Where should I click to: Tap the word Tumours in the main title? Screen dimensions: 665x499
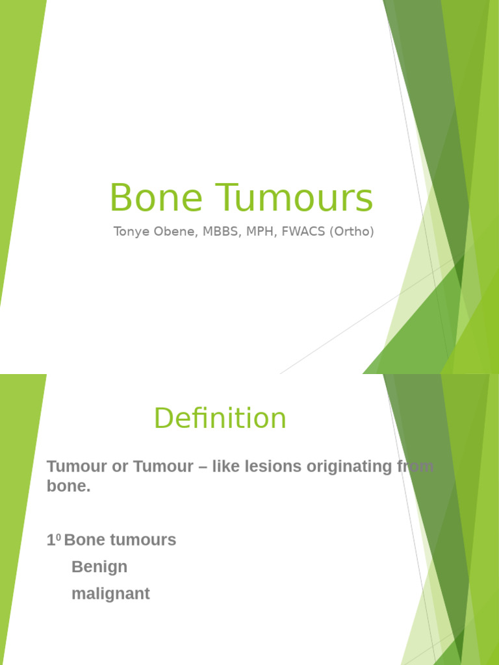click(x=281, y=198)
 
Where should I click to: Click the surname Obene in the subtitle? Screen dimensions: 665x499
click(x=170, y=232)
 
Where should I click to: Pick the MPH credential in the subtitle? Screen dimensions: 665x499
click(x=260, y=232)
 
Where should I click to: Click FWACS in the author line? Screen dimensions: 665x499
click(x=303, y=232)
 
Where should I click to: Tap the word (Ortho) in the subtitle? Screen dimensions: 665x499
click(x=352, y=232)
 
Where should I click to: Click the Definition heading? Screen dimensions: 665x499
click(x=220, y=418)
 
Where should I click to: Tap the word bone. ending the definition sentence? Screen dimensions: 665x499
click(x=68, y=486)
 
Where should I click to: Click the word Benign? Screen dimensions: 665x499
click(x=99, y=567)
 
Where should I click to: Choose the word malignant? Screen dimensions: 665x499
click(x=110, y=594)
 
